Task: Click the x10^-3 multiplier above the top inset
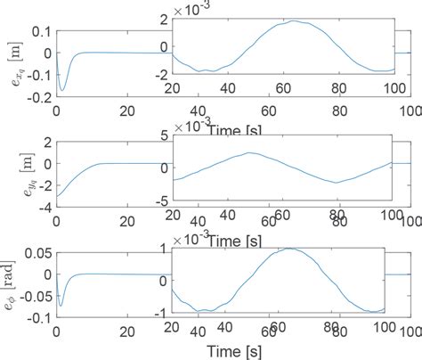193,8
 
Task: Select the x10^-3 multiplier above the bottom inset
193,240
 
